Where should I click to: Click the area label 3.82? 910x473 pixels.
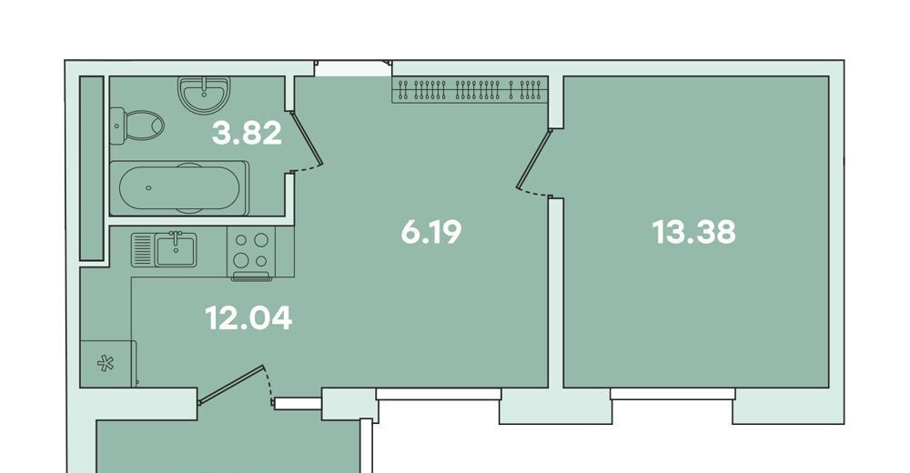[247, 133]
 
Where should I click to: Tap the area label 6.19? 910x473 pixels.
[431, 232]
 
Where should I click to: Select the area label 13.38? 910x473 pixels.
[693, 232]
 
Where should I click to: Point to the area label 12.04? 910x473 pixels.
[248, 318]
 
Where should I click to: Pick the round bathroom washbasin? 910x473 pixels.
[204, 95]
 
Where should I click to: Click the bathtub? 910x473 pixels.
[179, 188]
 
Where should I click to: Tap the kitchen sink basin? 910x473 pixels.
[176, 249]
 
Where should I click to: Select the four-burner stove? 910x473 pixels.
[251, 253]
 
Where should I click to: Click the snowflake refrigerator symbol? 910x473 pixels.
[106, 364]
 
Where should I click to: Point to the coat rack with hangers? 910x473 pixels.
[470, 90]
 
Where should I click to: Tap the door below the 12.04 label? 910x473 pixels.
[231, 384]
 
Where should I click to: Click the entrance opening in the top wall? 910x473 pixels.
[353, 68]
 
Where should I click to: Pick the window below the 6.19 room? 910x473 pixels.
[439, 394]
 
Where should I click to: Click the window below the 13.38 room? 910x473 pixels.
[672, 394]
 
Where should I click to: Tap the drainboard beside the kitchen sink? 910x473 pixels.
[143, 249]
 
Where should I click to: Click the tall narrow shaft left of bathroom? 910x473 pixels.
[91, 167]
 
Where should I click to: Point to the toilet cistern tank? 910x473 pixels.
[116, 125]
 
